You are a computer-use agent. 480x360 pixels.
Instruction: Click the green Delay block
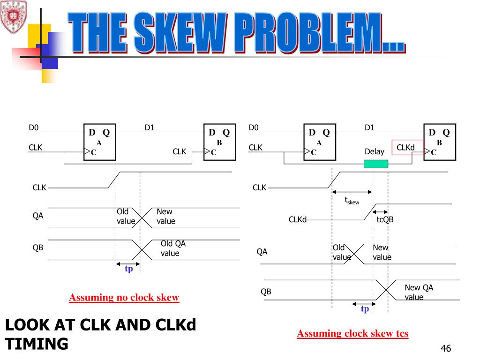click(x=376, y=164)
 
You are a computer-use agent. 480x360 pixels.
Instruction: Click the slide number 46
click(x=445, y=348)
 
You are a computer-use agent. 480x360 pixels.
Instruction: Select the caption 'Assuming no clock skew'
click(x=124, y=298)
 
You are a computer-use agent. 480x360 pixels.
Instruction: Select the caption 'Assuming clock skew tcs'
click(x=352, y=334)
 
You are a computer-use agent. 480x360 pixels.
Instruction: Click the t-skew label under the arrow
click(x=352, y=201)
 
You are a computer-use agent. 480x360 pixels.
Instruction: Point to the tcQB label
click(x=385, y=219)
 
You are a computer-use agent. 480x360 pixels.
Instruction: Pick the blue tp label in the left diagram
click(x=128, y=269)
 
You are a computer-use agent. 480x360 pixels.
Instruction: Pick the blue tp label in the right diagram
click(x=365, y=309)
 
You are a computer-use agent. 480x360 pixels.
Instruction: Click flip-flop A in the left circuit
click(x=99, y=142)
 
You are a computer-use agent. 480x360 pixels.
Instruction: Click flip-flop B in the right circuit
click(x=439, y=142)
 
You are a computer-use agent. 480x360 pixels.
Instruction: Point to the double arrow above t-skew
click(x=352, y=192)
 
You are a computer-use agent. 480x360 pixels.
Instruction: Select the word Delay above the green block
click(x=374, y=151)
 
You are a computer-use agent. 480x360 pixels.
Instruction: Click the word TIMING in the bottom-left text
click(x=37, y=344)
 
